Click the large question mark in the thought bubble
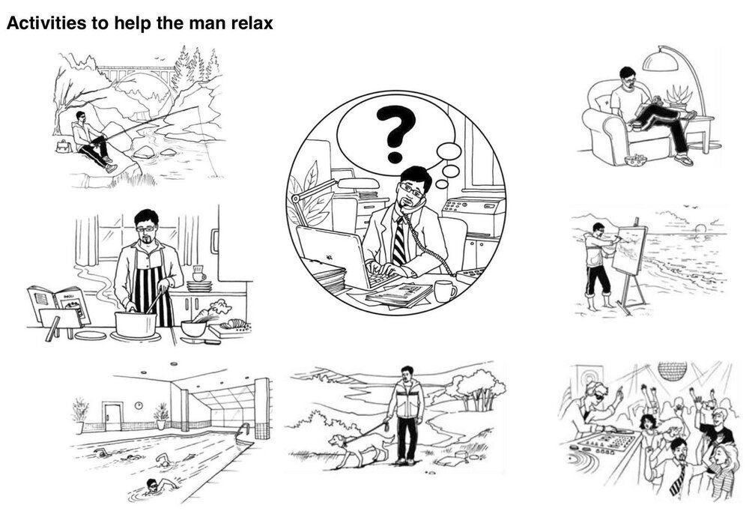(395, 134)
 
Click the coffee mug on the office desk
(444, 291)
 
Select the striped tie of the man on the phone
(400, 241)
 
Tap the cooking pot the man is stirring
(135, 324)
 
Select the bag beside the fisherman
(63, 146)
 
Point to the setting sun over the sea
(701, 229)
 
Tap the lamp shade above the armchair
(661, 61)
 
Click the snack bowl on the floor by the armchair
(635, 160)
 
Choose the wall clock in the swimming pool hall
(139, 405)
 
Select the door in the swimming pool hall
(114, 417)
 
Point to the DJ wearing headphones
(595, 406)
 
